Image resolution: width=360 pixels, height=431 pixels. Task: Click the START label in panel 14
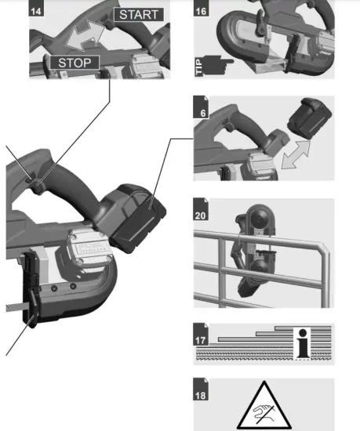[139, 14]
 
